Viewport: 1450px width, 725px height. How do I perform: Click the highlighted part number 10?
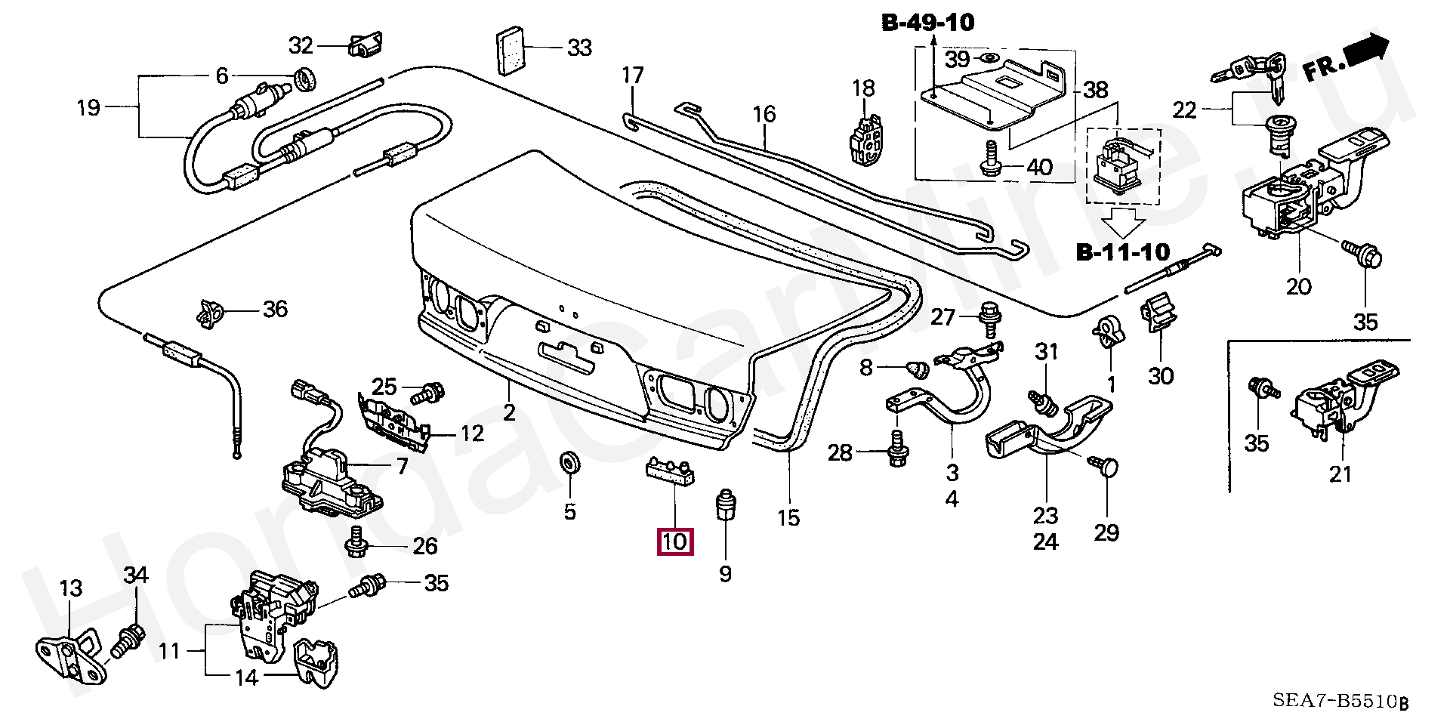[674, 541]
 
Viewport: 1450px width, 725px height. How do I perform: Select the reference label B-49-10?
[928, 23]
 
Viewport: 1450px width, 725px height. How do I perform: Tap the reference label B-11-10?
[1122, 252]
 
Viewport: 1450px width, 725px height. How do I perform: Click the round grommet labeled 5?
[569, 463]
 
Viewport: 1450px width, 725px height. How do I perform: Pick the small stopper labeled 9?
[725, 504]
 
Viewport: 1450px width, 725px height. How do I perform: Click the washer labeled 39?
[986, 59]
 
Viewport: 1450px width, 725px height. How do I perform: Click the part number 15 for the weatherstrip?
[788, 518]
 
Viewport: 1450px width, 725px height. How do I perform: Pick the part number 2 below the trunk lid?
[510, 412]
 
